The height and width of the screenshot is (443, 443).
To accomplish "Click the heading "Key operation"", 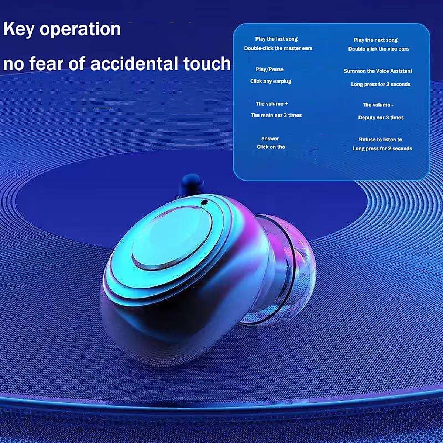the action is coord(62,29).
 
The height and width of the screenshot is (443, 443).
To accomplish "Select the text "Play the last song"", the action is coord(276,39).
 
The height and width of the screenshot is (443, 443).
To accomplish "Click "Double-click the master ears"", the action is coord(278,48).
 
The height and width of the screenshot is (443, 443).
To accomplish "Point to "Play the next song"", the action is coord(376,40).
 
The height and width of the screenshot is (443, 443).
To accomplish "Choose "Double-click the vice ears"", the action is coord(378,49).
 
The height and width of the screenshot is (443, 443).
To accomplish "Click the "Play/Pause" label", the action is coord(269,69).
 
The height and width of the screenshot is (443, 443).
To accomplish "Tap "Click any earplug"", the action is coord(271,81).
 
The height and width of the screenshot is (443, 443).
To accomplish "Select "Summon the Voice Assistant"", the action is coord(378,71).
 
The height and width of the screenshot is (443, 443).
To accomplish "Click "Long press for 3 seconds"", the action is coord(381,85).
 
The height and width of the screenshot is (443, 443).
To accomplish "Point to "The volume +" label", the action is coord(272,104).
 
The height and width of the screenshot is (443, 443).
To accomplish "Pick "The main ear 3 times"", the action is coord(276,115).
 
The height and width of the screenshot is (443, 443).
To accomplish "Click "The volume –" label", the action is coord(378,105).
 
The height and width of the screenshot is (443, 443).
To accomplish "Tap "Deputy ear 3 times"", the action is coord(381,117).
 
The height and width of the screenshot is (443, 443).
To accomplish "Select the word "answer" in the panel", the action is coord(270,139).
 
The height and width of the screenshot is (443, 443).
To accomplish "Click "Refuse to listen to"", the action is coord(380,140).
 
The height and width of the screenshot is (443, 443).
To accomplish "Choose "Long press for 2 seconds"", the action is coord(382,148).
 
